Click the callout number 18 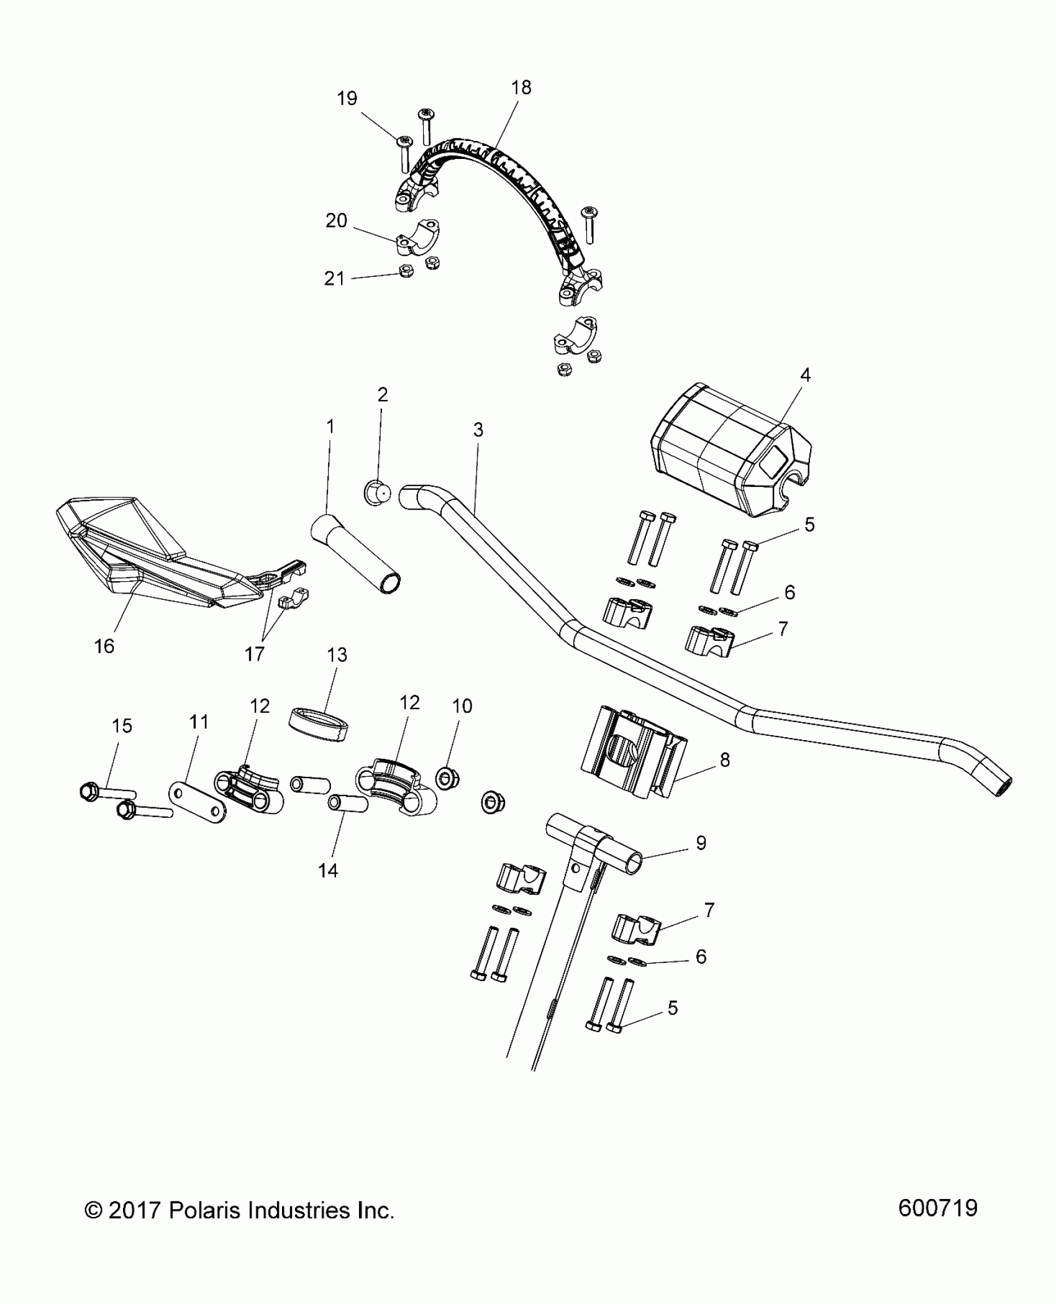pyautogui.click(x=521, y=88)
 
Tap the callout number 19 pyautogui.click(x=347, y=98)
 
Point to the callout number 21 pyautogui.click(x=334, y=279)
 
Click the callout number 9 pyautogui.click(x=701, y=843)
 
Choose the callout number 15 pyautogui.click(x=122, y=725)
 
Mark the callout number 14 pyautogui.click(x=328, y=871)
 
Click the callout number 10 pyautogui.click(x=462, y=705)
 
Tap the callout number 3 pyautogui.click(x=478, y=430)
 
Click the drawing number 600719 pyautogui.click(x=937, y=1225)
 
